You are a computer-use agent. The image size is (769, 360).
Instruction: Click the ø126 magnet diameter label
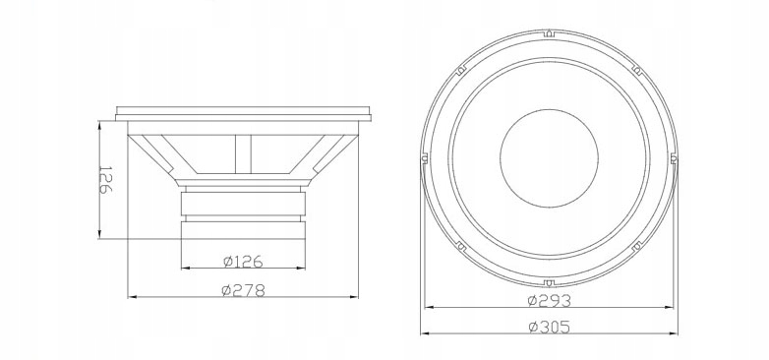click(243, 262)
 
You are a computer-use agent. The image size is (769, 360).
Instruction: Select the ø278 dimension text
click(243, 290)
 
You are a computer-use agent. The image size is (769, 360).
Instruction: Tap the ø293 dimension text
click(550, 300)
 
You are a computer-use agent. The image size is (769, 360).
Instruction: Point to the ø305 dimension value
click(550, 327)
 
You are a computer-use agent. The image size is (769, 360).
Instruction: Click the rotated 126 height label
click(105, 180)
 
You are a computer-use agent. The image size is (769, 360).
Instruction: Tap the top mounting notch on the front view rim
click(549, 33)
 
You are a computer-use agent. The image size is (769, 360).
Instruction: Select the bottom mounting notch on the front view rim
click(549, 282)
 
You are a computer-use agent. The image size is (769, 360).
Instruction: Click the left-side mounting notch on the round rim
click(424, 158)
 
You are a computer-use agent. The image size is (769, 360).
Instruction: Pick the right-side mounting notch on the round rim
click(674, 158)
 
